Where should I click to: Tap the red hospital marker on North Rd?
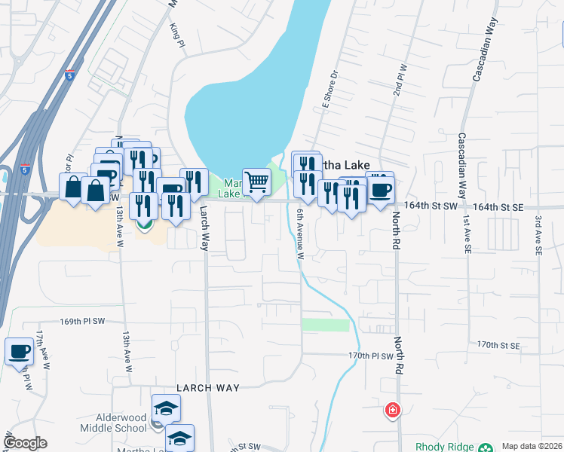pos(392,411)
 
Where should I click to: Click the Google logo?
pos(25,443)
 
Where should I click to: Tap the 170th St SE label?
pos(498,345)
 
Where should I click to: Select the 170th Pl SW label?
pos(371,356)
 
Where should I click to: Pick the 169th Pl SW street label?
pos(81,321)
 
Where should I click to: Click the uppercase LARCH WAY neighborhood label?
pos(207,387)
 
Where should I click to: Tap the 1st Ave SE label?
pos(467,234)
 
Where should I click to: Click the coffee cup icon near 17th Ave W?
pos(19,350)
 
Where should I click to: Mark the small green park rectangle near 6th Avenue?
pos(326,325)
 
